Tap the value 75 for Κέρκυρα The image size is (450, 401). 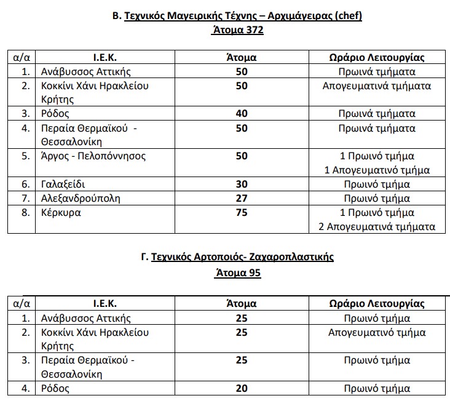tap(242, 213)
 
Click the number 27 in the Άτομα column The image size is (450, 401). tap(242, 199)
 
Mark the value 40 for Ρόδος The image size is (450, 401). tap(242, 114)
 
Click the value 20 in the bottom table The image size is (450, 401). tap(242, 389)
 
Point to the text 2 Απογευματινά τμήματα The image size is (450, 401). tap(377, 227)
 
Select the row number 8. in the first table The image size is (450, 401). tap(26, 213)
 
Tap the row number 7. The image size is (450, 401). tap(26, 199)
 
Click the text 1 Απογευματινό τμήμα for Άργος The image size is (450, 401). tap(377, 170)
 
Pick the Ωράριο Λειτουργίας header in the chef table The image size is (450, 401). tap(377, 58)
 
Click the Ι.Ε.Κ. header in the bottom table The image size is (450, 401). tap(105, 304)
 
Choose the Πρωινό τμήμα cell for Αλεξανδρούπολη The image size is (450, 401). tap(377, 199)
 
